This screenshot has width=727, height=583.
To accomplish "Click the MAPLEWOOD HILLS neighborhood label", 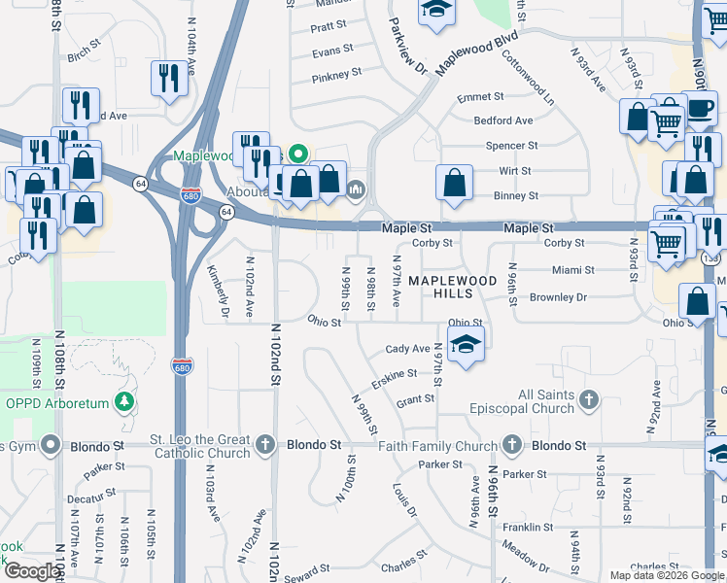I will click(x=452, y=287).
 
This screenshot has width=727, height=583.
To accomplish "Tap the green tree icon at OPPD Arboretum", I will click(x=124, y=401).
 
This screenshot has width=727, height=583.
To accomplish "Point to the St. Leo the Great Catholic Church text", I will click(x=201, y=446).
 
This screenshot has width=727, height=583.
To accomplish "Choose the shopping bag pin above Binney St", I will click(x=454, y=182).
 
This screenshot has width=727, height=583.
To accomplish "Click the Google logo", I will click(x=32, y=571).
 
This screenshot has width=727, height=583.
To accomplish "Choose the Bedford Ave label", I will click(x=503, y=120).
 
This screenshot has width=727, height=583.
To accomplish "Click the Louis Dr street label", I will click(x=404, y=499).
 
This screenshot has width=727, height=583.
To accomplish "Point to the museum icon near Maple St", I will click(x=356, y=188).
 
